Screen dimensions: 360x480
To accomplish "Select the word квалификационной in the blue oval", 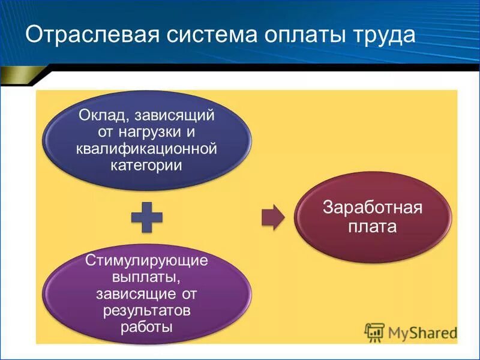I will pyautogui.click(x=146, y=148).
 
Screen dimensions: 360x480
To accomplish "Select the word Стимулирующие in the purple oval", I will pyautogui.click(x=147, y=262).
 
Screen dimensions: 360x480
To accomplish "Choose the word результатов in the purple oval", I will pyautogui.click(x=146, y=311).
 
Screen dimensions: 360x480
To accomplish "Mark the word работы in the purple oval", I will pyautogui.click(x=146, y=327).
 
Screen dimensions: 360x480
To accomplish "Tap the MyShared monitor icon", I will pyautogui.click(x=374, y=332).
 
